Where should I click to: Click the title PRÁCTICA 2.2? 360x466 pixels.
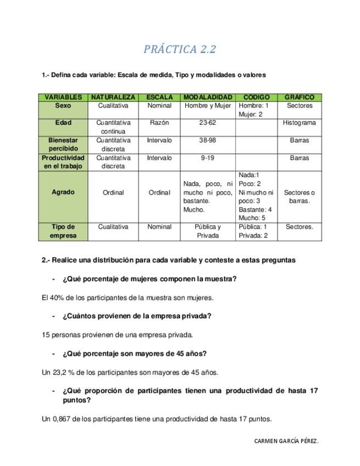[180, 49]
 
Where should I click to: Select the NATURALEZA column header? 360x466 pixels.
[113, 97]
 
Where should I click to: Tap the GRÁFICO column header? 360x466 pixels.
[300, 97]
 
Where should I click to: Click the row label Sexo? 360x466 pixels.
[63, 106]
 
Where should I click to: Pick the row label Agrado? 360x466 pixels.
[63, 193]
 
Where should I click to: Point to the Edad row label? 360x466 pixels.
[63, 123]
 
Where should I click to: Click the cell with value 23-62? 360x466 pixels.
[208, 123]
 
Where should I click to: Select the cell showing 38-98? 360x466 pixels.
[208, 140]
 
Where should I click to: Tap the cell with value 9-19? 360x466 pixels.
[208, 158]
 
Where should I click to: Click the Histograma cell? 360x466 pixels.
[300, 123]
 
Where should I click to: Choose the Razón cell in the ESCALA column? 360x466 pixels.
[159, 123]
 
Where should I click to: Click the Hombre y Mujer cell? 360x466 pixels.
[208, 106]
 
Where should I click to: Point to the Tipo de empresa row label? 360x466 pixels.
[63, 231]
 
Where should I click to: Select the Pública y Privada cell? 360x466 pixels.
[208, 231]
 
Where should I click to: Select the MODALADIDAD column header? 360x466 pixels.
[208, 97]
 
